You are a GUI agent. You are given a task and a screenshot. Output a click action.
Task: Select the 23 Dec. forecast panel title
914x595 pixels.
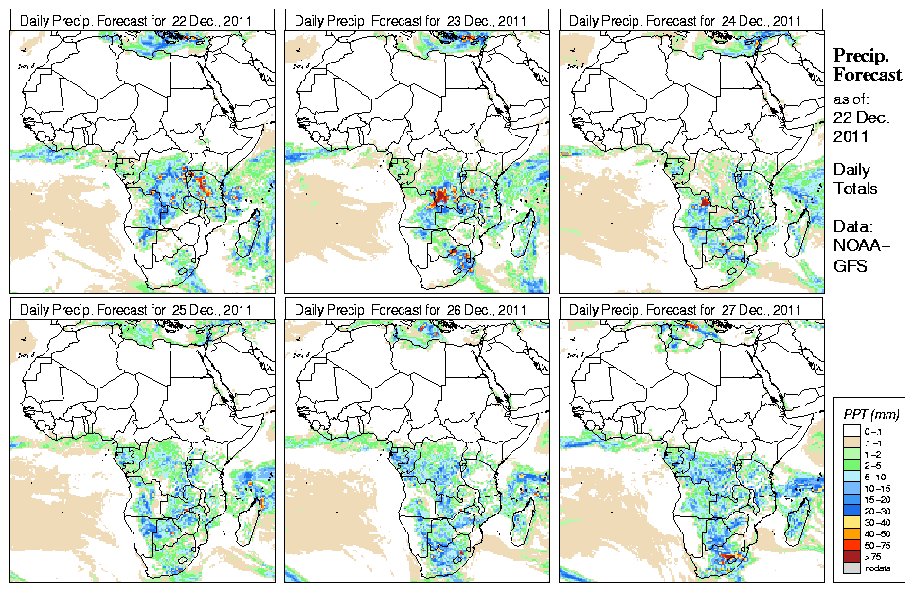coord(411,20)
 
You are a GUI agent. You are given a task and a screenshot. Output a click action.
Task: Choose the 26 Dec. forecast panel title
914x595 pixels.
coord(411,309)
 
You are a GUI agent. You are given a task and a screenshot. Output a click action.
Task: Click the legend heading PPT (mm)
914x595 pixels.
coord(871,414)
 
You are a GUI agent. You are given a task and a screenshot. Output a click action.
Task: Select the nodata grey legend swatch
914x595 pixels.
coord(851,568)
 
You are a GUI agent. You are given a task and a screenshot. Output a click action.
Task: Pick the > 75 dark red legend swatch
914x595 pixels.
coord(851,556)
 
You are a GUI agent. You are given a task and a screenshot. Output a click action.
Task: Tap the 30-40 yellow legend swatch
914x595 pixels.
coord(851,521)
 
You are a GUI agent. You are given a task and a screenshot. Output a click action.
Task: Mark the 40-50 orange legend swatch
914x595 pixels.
coord(851,532)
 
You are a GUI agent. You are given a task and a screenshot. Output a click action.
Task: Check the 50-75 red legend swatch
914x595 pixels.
coord(851,545)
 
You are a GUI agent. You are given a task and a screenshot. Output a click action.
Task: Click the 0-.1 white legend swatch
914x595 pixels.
coord(851,430)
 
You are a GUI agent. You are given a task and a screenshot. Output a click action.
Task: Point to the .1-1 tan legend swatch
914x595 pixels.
coord(851,442)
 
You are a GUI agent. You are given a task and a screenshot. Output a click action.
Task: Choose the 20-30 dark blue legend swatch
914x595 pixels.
coord(851,510)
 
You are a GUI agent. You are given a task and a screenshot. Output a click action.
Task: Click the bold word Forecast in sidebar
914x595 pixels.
coord(867,75)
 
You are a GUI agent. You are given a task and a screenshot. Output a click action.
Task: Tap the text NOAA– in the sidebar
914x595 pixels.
coord(856,247)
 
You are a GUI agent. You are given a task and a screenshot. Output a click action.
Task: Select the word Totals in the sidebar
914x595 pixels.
coord(855,189)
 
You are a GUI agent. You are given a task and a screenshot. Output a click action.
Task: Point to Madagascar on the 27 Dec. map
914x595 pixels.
coord(798,520)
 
